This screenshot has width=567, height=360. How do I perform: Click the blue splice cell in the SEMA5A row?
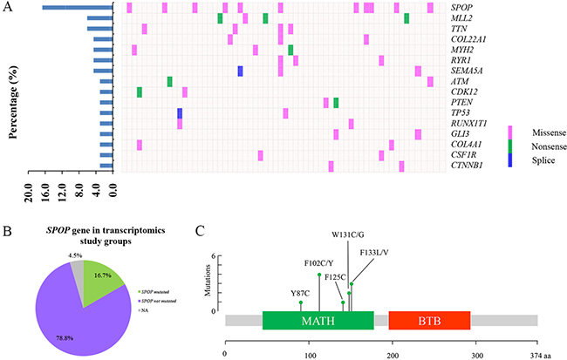[240, 71]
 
